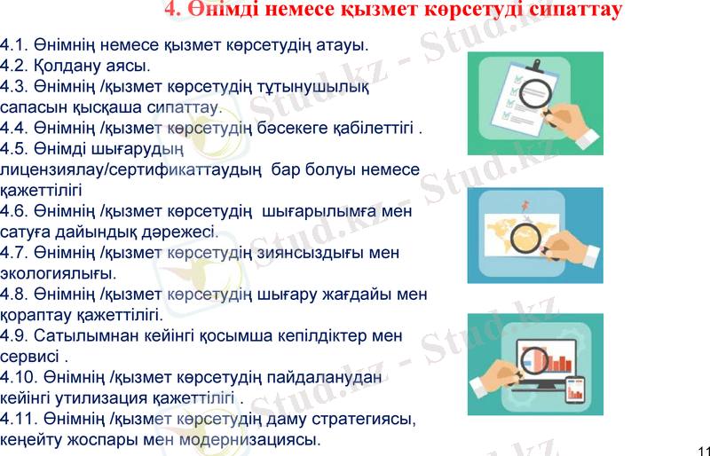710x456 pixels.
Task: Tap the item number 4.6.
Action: (x=13, y=211)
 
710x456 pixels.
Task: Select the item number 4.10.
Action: (x=18, y=377)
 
